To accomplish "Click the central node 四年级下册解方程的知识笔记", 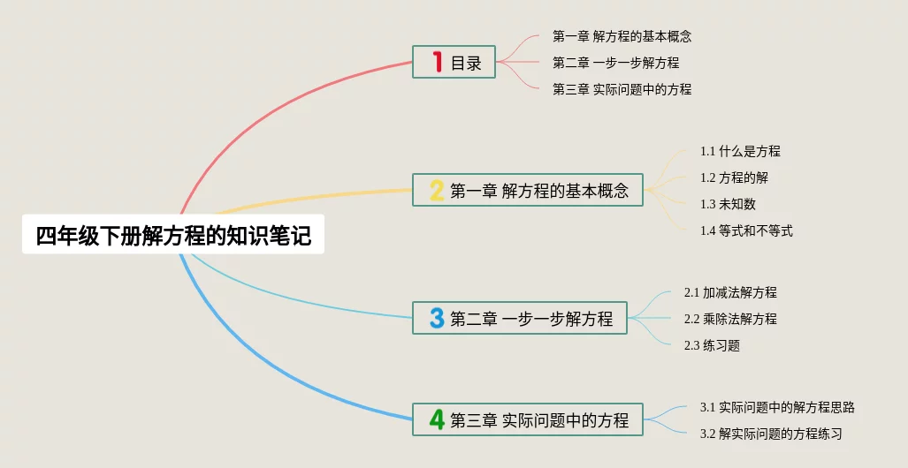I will [173, 235].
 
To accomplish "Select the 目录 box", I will [454, 62].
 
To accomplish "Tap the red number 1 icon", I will [436, 62].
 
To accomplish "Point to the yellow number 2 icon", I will [436, 191].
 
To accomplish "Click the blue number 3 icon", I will [436, 318].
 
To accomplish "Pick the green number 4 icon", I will [436, 419].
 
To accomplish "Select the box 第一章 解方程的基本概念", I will [528, 191].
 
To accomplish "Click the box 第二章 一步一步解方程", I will [520, 318].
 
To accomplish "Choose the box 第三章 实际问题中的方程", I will [528, 419].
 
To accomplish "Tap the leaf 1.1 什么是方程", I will [740, 151].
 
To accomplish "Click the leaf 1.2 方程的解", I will [734, 177].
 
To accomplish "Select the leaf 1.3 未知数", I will [728, 204].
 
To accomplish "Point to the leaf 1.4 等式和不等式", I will [746, 230].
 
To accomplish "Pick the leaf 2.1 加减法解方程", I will [730, 292].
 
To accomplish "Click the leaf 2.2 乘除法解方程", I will [730, 319].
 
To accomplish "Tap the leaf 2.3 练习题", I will [712, 345].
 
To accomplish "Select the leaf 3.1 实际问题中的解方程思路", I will [777, 407].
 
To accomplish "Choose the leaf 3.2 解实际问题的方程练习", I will [771, 434].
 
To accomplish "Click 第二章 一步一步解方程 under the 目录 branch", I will [615, 63].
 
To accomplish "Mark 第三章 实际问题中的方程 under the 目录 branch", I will [622, 89].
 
